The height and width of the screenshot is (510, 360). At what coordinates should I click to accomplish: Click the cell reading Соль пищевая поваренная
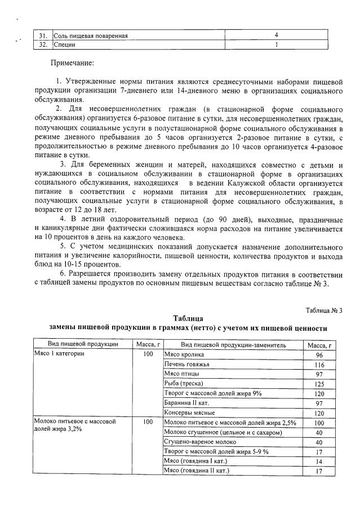91,36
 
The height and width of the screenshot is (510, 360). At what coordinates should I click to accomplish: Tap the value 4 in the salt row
276,36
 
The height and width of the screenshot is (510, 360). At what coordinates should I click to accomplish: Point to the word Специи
65,44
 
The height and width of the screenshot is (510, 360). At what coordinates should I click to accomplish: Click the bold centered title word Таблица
188,318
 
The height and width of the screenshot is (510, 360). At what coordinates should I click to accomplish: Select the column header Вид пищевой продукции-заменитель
233,344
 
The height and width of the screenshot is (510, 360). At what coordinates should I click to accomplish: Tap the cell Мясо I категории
59,354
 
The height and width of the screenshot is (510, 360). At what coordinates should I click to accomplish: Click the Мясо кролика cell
184,354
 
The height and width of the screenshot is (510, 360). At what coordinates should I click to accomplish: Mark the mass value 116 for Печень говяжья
319,365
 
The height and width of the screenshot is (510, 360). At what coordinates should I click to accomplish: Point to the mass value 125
319,384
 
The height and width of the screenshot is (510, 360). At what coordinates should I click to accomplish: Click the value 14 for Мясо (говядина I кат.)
319,461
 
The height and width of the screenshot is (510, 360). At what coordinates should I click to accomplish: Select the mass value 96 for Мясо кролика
319,355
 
